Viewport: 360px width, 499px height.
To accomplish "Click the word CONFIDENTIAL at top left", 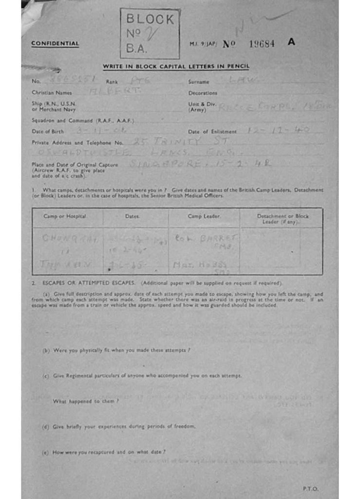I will click(55, 43).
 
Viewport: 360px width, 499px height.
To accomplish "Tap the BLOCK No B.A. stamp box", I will click(150, 34).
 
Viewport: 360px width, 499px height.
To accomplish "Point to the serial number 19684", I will click(262, 43).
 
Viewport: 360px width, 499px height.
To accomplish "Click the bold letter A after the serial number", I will click(291, 42).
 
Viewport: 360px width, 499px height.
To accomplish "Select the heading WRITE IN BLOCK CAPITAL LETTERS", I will click(176, 66).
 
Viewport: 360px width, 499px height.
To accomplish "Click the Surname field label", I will click(199, 82).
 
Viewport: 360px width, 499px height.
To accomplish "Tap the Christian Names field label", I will click(52, 93).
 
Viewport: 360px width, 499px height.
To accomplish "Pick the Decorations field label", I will click(203, 93).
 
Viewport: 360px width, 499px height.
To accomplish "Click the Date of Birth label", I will click(48, 132).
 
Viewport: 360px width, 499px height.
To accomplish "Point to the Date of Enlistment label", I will click(212, 132).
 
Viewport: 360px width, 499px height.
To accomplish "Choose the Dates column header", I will click(133, 216).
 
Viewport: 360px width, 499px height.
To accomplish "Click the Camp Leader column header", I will click(204, 216).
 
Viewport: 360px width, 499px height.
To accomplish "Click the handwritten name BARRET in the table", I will click(218, 238).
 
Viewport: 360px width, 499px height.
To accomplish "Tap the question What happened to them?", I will click(86, 401).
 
